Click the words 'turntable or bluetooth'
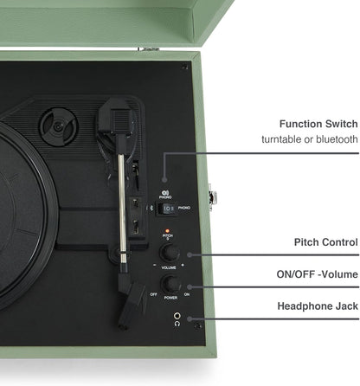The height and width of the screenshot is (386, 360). click(x=310, y=139)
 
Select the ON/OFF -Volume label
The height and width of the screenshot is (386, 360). click(x=315, y=274)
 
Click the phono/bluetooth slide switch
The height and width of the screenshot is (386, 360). click(x=170, y=209)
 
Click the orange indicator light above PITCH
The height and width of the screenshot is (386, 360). click(x=167, y=228)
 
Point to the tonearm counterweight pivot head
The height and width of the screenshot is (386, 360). click(x=113, y=117)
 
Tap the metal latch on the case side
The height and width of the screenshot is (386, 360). click(x=212, y=197)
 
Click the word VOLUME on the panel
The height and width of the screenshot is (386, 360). click(x=169, y=269)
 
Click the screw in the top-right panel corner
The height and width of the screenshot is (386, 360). click(x=184, y=67)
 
